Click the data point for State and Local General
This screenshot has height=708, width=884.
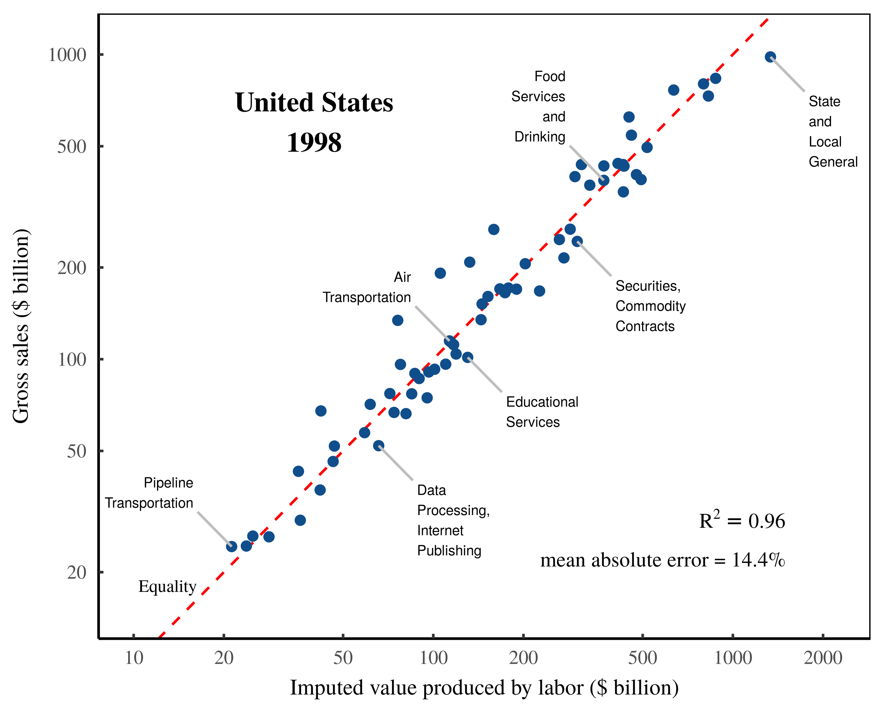pos(770,57)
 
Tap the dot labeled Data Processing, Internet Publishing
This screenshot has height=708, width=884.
pos(378,445)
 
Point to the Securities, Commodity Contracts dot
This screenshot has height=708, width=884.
pos(577,241)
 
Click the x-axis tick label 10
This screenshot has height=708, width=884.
pos(134,658)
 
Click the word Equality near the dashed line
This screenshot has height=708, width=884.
pos(167,586)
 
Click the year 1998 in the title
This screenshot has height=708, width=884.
pos(314,142)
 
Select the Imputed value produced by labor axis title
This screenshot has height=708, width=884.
pos(484,687)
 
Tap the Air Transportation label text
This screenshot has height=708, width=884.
pos(367,287)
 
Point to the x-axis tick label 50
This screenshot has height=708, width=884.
pos(343,658)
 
